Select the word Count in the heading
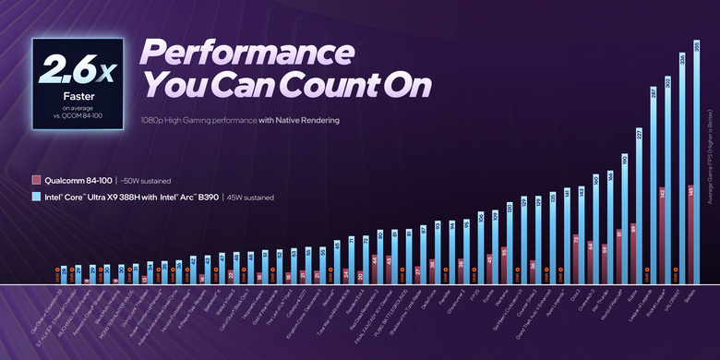click(333, 85)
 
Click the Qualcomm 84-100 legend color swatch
click(36, 180)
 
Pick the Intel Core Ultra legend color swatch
click(36, 197)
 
